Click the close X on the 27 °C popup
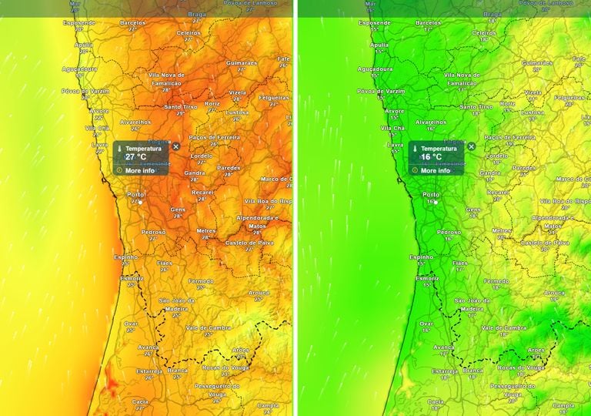pyautogui.click(x=175, y=146)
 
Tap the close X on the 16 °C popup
pyautogui.click(x=471, y=146)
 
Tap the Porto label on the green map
pyautogui.click(x=431, y=194)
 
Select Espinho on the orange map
pyautogui.click(x=126, y=257)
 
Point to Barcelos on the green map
pyautogui.click(x=429, y=23)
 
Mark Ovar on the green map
pyautogui.click(x=426, y=324)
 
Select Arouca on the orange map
pyautogui.click(x=259, y=293)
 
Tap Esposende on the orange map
pyautogui.click(x=78, y=23)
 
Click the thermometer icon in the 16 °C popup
pyautogui.click(x=415, y=148)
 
